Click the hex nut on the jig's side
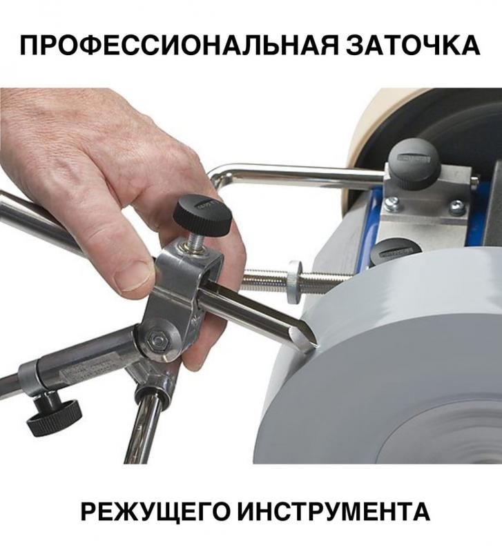pos(155,338)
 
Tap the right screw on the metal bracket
pos(456,206)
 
